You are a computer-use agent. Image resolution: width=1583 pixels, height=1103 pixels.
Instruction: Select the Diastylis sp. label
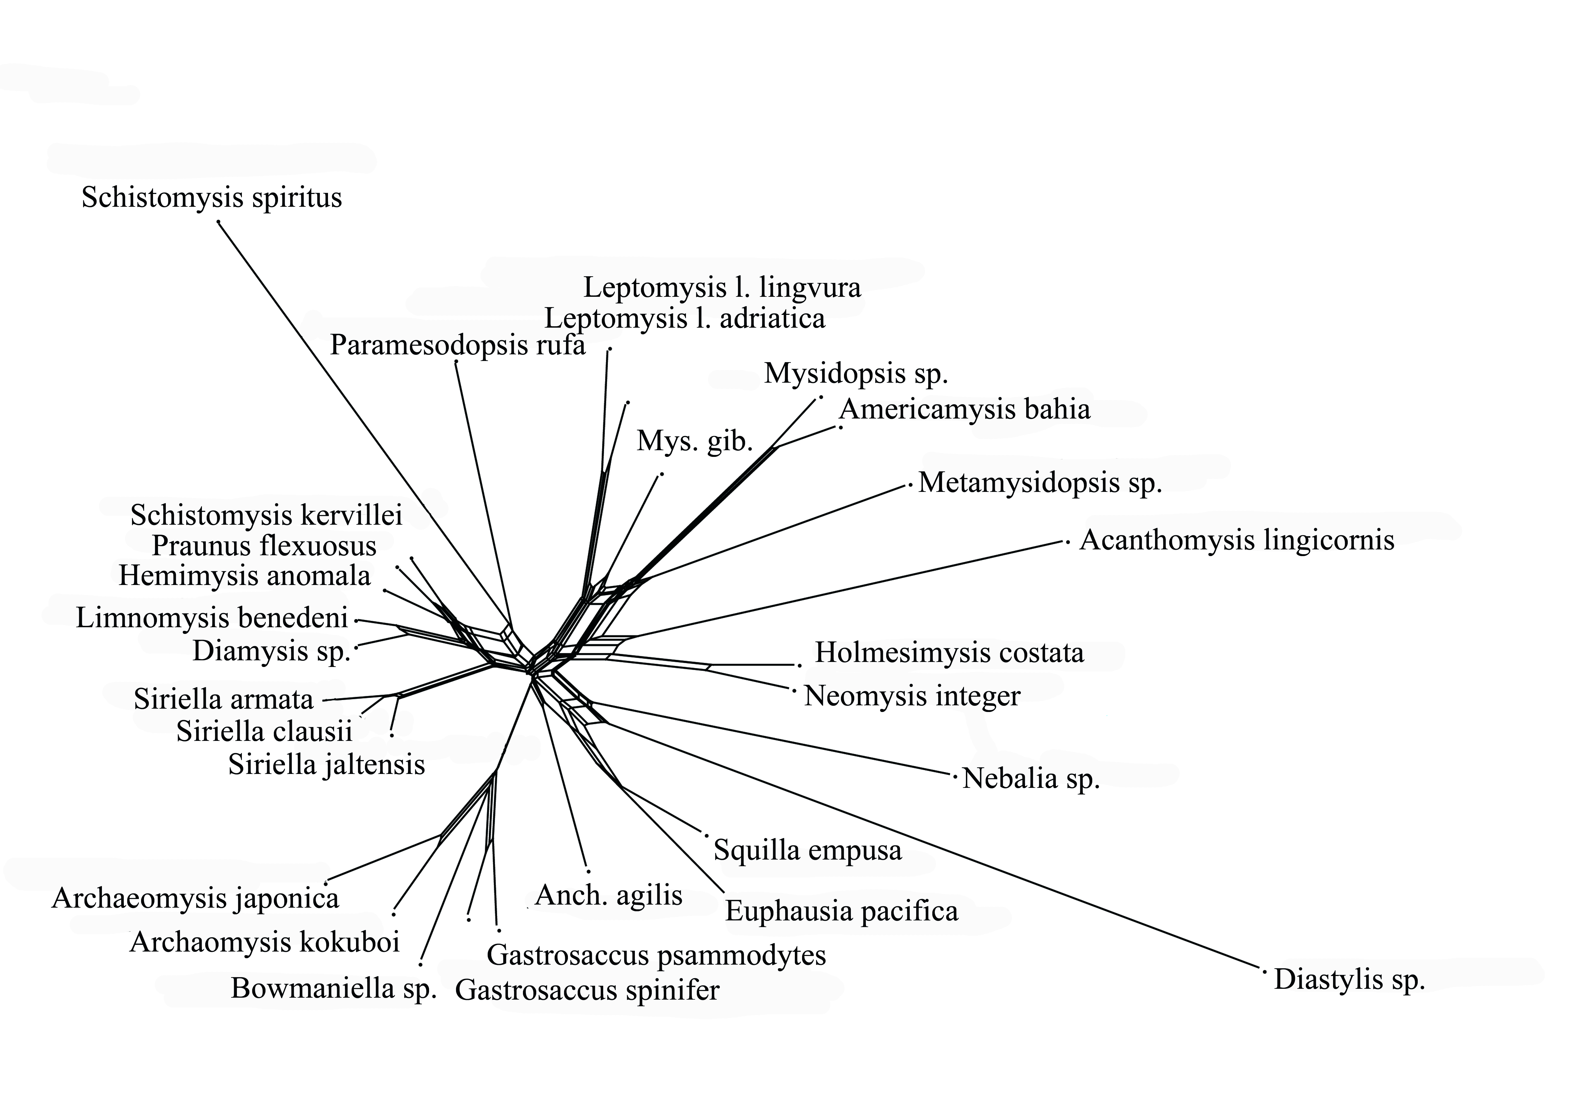coord(1349,980)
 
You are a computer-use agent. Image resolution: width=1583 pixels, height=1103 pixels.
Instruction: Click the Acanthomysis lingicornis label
coord(1237,540)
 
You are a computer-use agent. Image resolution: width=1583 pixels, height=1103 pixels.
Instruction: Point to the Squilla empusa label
coord(807,850)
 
